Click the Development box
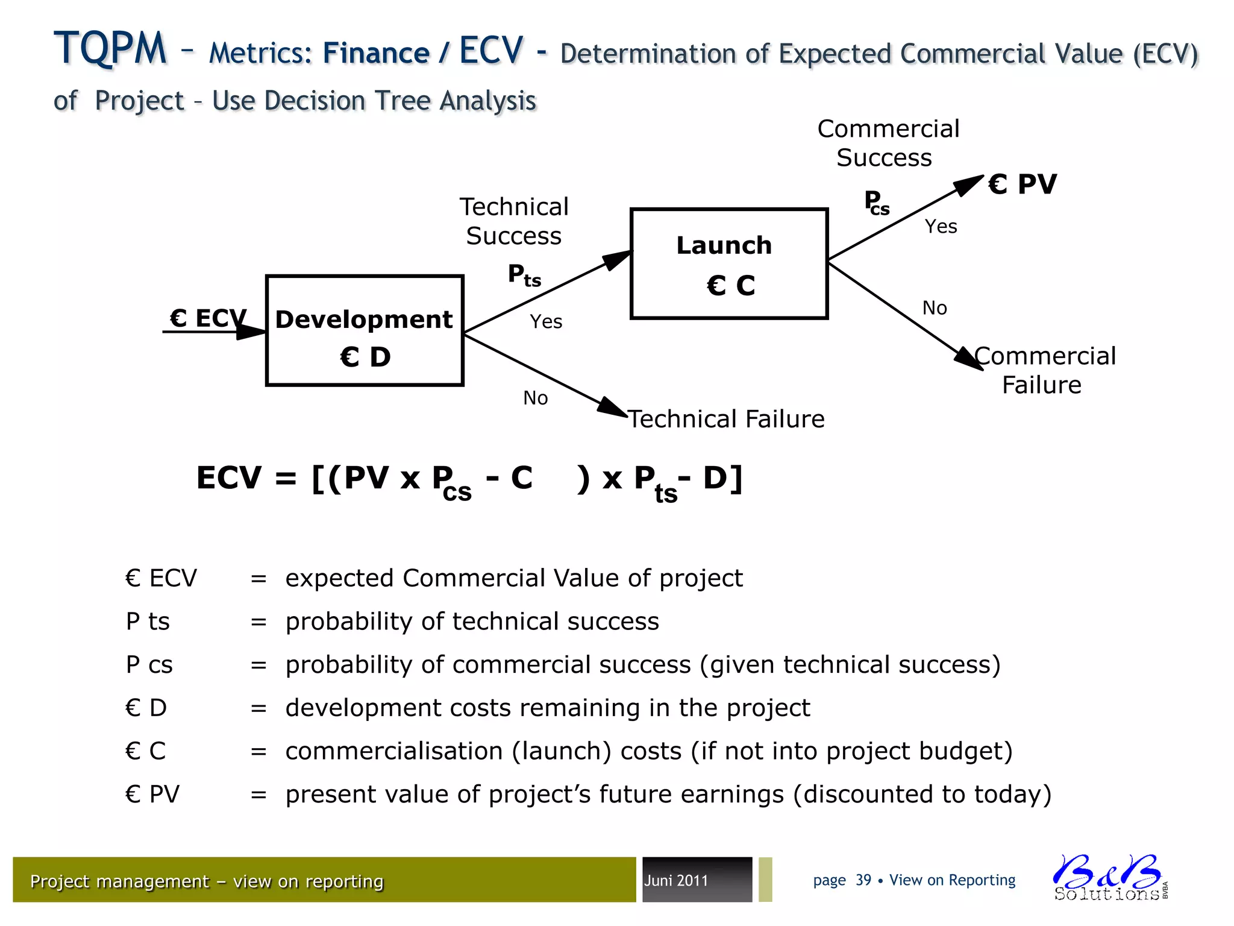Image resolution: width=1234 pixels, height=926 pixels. (x=365, y=330)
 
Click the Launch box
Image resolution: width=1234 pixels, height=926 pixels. (x=729, y=263)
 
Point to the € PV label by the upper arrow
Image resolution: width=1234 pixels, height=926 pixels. (x=1023, y=184)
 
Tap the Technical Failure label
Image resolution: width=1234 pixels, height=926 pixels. (x=727, y=419)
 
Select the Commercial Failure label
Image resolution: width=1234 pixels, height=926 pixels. (x=1044, y=370)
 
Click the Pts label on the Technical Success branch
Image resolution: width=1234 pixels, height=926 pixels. (x=524, y=275)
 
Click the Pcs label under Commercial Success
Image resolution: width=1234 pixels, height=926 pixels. (x=877, y=203)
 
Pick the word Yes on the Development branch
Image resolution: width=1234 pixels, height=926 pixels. (x=546, y=321)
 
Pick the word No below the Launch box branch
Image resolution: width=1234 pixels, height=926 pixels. (x=935, y=308)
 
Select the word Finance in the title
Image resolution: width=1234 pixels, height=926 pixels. (x=376, y=53)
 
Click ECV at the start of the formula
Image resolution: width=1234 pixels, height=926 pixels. (x=229, y=478)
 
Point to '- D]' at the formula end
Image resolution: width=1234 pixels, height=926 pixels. (x=711, y=478)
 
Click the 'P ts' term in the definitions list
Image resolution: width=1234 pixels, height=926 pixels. (x=148, y=621)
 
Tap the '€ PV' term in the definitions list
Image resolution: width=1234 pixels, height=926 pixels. (x=152, y=794)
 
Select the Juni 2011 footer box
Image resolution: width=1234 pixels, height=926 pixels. (x=697, y=880)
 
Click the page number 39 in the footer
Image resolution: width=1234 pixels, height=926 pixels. (x=863, y=880)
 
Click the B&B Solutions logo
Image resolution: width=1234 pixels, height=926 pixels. (x=1109, y=878)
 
